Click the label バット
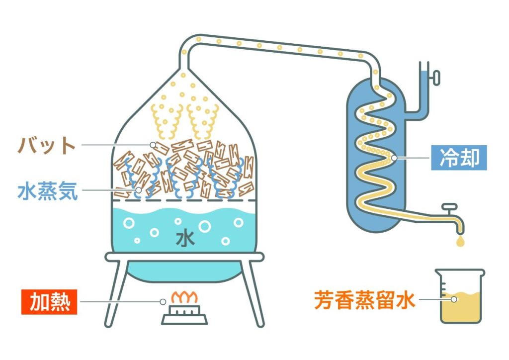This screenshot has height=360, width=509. pos(47,146)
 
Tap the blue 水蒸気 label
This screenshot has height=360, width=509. pos(48,191)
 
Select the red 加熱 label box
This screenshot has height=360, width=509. pos(49,301)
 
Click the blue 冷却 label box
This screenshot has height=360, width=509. pos(459,158)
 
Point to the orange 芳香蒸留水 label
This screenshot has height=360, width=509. pos(364,300)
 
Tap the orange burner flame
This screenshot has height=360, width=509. pos(184,297)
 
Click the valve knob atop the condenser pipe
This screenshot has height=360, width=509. pos(436,77)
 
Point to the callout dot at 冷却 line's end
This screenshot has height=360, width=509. pos(394,159)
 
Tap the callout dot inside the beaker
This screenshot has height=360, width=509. pos(453,299)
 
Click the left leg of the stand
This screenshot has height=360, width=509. pos(115,293)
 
